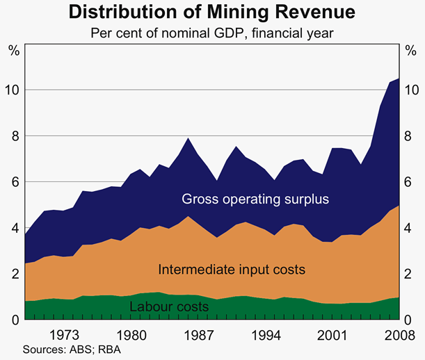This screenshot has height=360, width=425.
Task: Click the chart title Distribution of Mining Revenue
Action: click(211, 12)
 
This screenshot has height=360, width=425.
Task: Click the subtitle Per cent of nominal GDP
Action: click(211, 32)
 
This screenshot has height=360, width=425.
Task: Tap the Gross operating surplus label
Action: click(255, 199)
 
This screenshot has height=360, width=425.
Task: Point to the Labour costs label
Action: click(169, 306)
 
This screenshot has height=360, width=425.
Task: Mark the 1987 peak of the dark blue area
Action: click(189, 138)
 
